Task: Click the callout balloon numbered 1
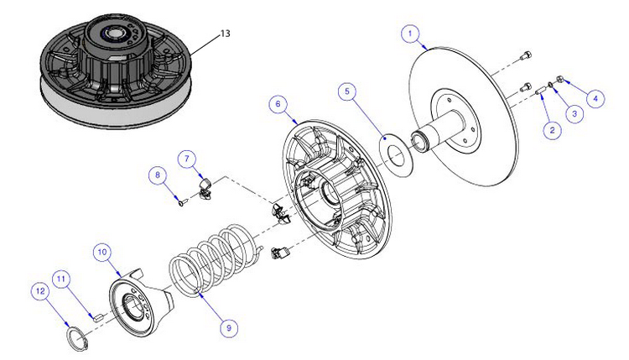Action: coord(410,34)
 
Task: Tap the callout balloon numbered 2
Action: coord(551,129)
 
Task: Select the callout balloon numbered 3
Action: coord(574,112)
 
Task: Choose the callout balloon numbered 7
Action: coord(188,157)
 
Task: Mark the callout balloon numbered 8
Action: coord(156,175)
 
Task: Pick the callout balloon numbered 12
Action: coord(39,290)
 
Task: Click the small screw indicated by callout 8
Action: coord(181,200)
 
